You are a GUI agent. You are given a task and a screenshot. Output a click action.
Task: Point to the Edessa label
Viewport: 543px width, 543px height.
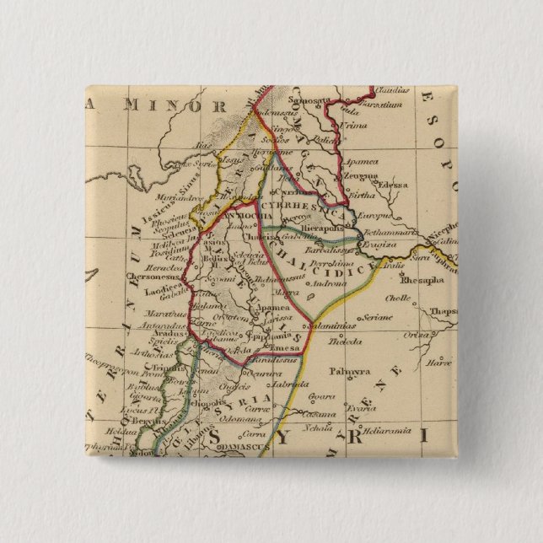[392, 184]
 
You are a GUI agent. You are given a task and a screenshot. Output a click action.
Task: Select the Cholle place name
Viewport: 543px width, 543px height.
[400, 298]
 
